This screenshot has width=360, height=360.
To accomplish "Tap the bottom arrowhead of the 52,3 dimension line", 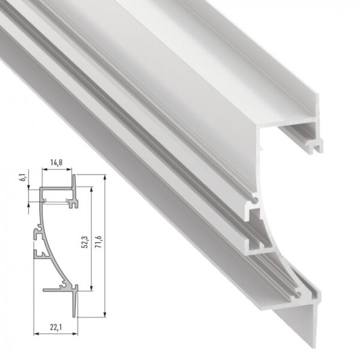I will point(91,289).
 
